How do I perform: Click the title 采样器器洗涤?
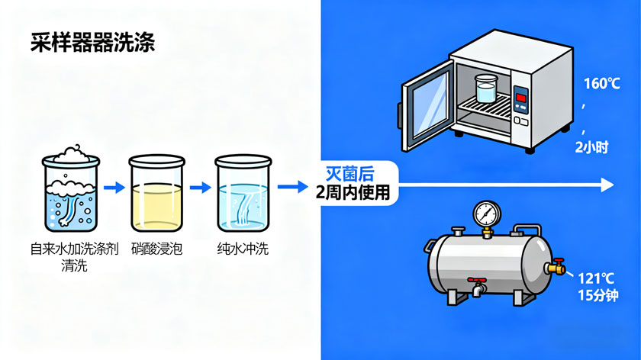pyautogui.click(x=92, y=42)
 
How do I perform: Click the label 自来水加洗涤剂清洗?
pyautogui.click(x=71, y=257)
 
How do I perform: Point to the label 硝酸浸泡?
pyautogui.click(x=157, y=249)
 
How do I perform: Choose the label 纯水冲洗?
pyautogui.click(x=243, y=249)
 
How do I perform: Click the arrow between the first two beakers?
pyautogui.click(x=114, y=187)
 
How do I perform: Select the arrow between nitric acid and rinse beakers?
pyautogui.click(x=200, y=187)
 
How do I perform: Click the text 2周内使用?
pyautogui.click(x=352, y=192)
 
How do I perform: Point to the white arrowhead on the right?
pyautogui.click(x=607, y=185)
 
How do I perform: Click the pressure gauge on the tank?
pyautogui.click(x=483, y=214)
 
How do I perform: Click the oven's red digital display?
pyautogui.click(x=520, y=96)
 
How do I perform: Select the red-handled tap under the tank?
pyautogui.click(x=476, y=285)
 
